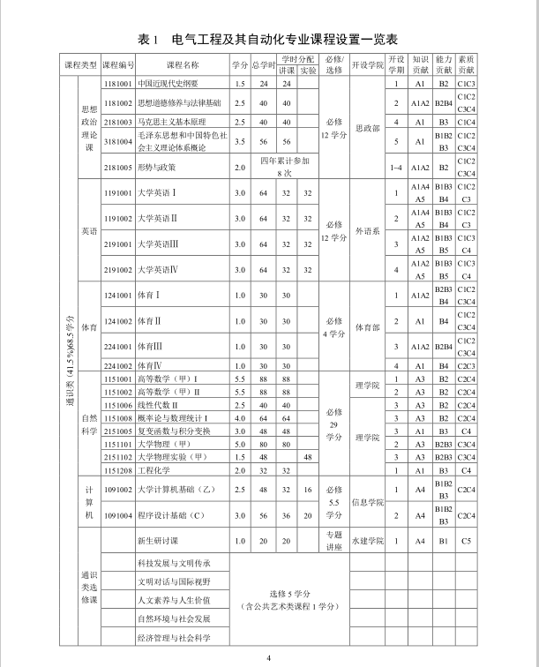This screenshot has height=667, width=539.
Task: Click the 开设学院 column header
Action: [x=368, y=66]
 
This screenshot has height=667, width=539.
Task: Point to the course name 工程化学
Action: [x=153, y=471]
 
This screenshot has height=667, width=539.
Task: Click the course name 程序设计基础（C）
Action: [x=172, y=515]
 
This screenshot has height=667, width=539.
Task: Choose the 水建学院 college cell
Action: [x=367, y=540]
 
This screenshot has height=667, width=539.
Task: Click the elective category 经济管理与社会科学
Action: [x=174, y=637]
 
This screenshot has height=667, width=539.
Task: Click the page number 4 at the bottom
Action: [x=269, y=657]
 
